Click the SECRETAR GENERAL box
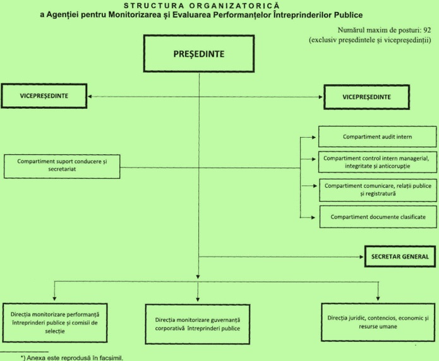398,257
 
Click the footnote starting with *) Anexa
73,357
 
